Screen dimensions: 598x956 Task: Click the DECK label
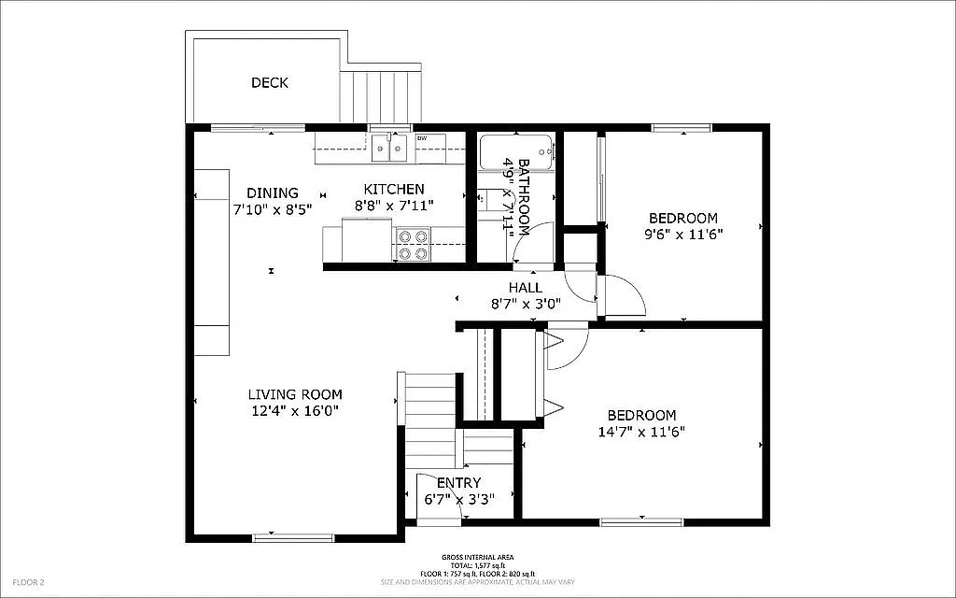pyautogui.click(x=270, y=83)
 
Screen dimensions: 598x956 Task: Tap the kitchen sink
pyautogui.click(x=389, y=147)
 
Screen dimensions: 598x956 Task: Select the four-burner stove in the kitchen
pyautogui.click(x=413, y=245)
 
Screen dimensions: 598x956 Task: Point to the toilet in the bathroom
pyautogui.click(x=488, y=200)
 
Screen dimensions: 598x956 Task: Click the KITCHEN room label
pyautogui.click(x=394, y=189)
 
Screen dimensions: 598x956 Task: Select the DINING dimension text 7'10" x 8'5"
pyautogui.click(x=273, y=209)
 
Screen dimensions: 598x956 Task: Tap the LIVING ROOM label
pyautogui.click(x=295, y=394)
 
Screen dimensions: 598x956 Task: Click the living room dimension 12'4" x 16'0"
pyautogui.click(x=295, y=410)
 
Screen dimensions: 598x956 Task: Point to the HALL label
pyautogui.click(x=526, y=287)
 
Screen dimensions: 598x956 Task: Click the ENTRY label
pyautogui.click(x=458, y=483)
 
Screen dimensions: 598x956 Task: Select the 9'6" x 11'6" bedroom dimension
pyautogui.click(x=685, y=235)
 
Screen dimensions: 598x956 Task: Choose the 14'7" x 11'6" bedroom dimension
pyautogui.click(x=642, y=432)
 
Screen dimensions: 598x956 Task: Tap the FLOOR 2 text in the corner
pyautogui.click(x=29, y=582)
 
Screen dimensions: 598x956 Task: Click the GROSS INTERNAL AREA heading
pyautogui.click(x=477, y=557)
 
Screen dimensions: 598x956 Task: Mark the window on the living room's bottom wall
pyautogui.click(x=293, y=537)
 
